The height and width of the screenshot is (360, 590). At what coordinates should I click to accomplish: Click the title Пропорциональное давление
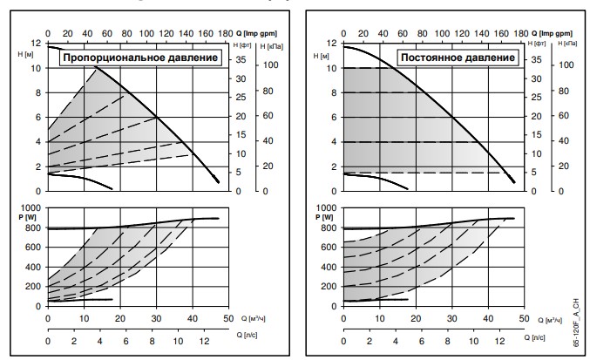tap(138, 58)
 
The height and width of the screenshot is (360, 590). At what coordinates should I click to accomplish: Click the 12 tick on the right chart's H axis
tap(331, 43)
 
